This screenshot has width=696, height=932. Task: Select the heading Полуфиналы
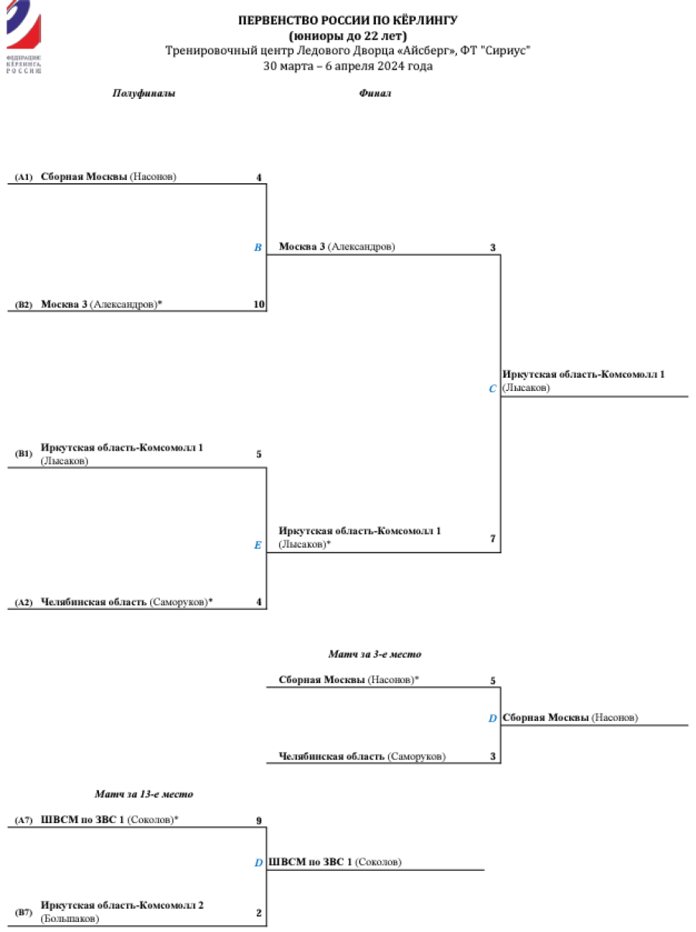(x=144, y=94)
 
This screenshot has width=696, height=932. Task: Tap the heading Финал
(x=375, y=94)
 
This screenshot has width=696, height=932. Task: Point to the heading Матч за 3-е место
(x=375, y=654)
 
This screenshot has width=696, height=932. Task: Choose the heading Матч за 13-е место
(x=144, y=794)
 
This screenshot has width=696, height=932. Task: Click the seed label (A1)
(x=24, y=178)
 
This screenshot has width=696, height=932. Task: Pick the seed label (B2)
(x=24, y=304)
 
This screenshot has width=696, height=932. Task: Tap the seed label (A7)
(x=24, y=820)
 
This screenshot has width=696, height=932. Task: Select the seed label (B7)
(x=24, y=913)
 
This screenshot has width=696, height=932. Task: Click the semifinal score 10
(x=259, y=304)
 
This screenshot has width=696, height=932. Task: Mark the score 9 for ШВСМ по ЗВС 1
(x=259, y=821)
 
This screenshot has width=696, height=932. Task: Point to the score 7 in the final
(x=493, y=539)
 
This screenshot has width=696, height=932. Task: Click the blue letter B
(x=258, y=248)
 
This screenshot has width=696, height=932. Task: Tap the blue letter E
(x=258, y=545)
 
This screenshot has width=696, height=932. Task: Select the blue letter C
(x=493, y=389)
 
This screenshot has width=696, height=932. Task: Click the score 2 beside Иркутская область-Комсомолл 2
(x=259, y=913)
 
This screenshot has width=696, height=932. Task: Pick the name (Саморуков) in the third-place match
(x=416, y=757)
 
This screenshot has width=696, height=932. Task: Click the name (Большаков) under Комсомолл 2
(x=70, y=919)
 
